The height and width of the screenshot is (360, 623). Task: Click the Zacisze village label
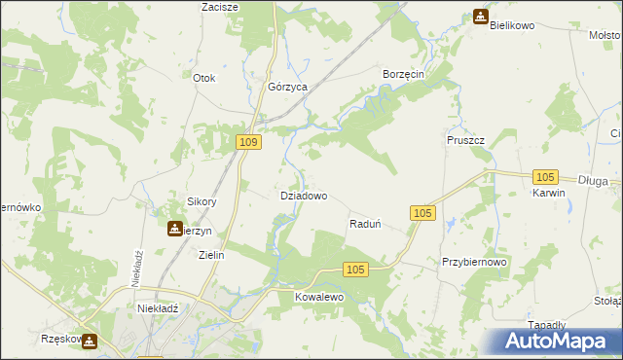point(220,7)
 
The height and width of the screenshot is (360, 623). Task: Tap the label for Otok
point(203,78)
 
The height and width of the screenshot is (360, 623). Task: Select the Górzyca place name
point(288,87)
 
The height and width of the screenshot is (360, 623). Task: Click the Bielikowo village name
point(513,25)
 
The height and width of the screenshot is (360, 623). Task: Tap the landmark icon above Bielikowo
point(481,16)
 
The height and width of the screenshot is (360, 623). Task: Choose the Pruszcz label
point(466,140)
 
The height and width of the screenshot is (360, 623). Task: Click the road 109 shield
point(249,143)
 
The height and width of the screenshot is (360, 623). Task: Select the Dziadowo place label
point(303,195)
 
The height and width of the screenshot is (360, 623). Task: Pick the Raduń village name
point(364,224)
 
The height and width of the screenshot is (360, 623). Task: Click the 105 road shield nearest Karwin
point(545,176)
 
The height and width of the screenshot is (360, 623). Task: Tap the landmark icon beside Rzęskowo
point(91,341)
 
